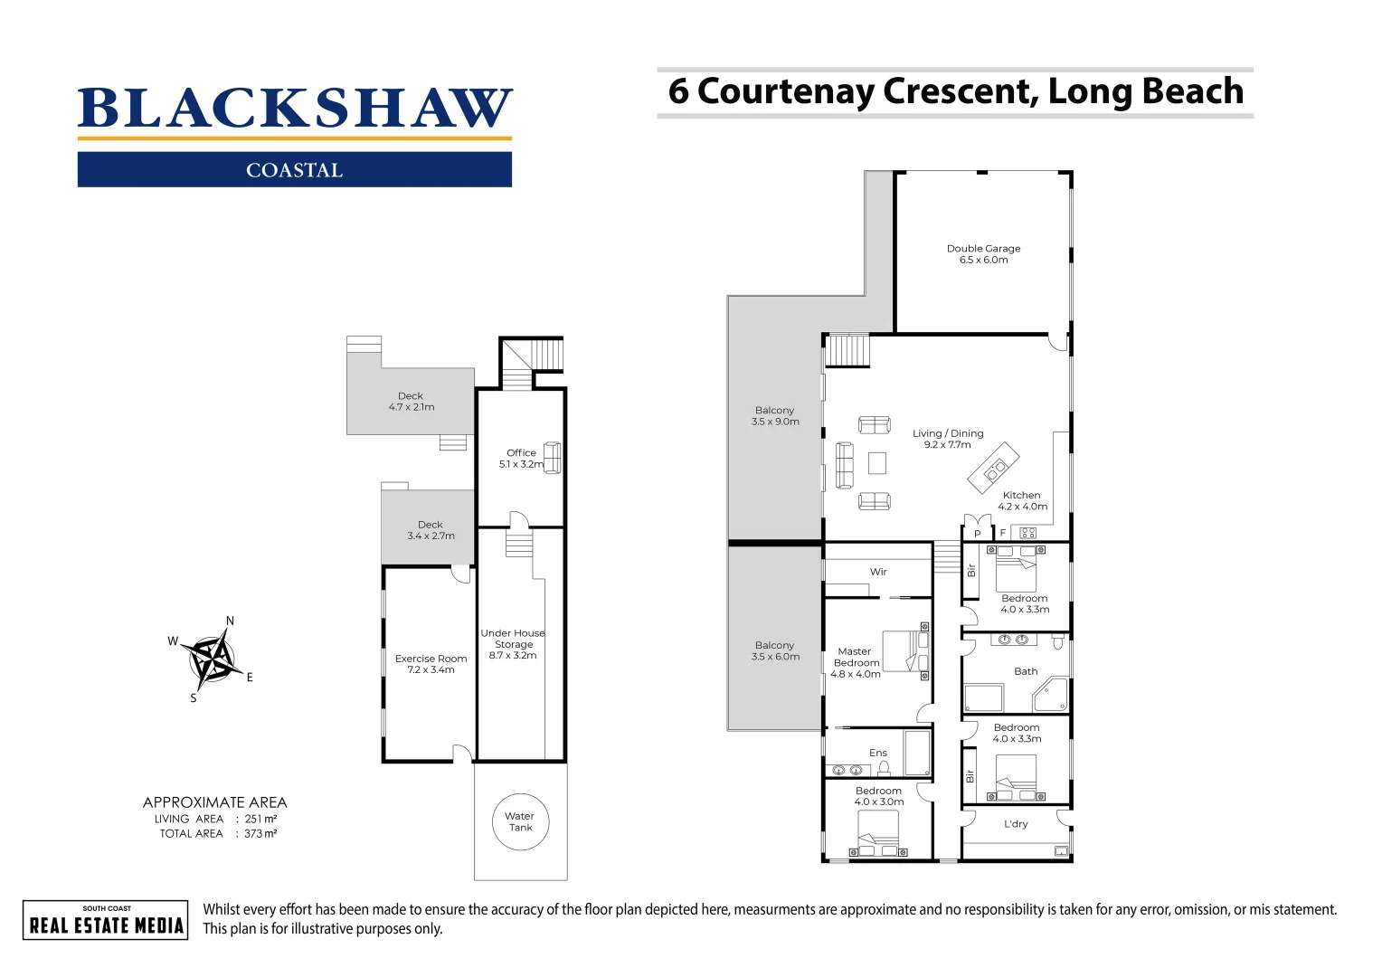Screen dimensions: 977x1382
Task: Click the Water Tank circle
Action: click(x=520, y=821)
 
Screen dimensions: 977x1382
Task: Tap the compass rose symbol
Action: click(x=213, y=659)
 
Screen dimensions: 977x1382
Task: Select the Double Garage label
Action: click(x=983, y=254)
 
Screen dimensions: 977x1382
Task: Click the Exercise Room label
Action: click(x=431, y=664)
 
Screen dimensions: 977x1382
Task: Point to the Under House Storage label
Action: click(x=513, y=644)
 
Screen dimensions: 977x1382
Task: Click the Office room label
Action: click(x=520, y=459)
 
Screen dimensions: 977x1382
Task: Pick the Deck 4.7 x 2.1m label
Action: click(x=411, y=402)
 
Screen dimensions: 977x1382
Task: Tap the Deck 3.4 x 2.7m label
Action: click(x=431, y=530)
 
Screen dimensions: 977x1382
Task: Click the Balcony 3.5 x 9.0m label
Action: click(x=775, y=416)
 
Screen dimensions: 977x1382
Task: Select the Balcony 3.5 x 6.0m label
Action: click(x=775, y=651)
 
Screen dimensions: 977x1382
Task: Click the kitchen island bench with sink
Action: click(x=993, y=468)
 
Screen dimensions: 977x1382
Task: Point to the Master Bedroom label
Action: click(x=855, y=662)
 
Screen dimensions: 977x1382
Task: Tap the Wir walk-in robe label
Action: click(x=878, y=572)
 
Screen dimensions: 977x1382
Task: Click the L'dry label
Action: click(x=1016, y=824)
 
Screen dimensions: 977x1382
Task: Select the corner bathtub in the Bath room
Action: click(x=1051, y=695)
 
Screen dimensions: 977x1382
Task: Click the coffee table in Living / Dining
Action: click(x=876, y=463)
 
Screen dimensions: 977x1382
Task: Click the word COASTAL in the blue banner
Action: click(x=295, y=170)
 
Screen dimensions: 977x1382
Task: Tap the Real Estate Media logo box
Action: click(x=106, y=920)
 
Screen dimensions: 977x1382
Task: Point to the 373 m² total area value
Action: click(x=260, y=834)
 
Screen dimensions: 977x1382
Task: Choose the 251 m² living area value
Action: click(x=260, y=819)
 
